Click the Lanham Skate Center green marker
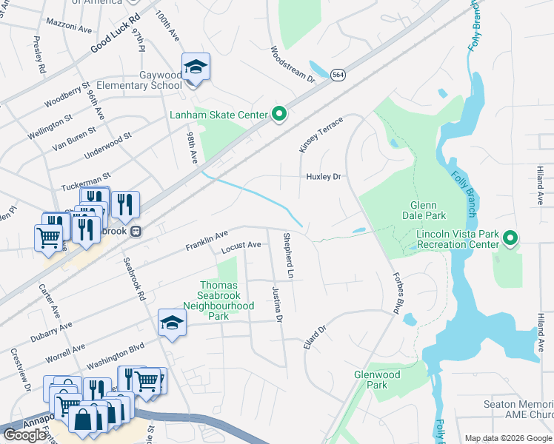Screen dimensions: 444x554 [279, 115]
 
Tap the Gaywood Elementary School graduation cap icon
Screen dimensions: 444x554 [196, 68]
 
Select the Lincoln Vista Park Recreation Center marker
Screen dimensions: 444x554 [510, 238]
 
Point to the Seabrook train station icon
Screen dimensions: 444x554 [136, 231]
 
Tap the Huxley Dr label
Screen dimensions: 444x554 [324, 177]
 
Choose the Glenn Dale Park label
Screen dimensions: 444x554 [424, 211]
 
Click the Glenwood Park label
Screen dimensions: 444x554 [377, 380]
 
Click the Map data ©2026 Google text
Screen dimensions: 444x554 [508, 438]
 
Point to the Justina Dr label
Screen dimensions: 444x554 [278, 304]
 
